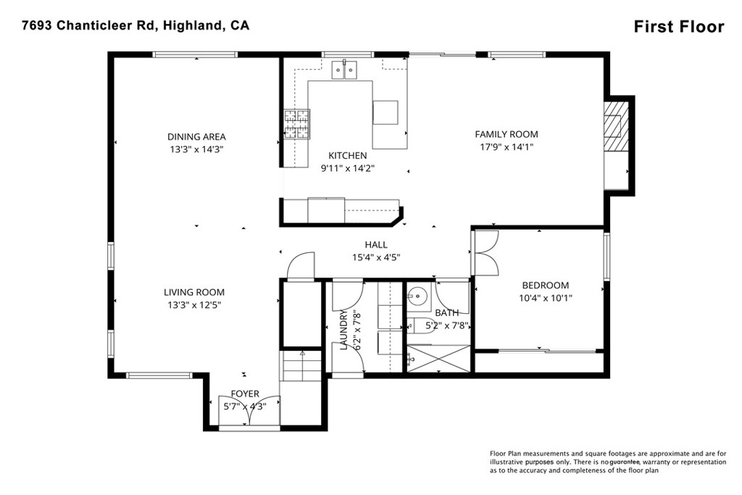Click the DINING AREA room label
point(196,136)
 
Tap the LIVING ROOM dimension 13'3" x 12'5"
point(194,305)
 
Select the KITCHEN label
point(348,156)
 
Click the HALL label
point(376,245)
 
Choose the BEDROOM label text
point(544,286)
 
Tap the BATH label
point(446,313)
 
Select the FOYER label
point(244,394)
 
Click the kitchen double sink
point(346,70)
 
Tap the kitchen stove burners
point(296,124)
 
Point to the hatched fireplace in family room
point(614,126)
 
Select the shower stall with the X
point(438,359)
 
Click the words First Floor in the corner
point(678,27)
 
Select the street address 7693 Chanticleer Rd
point(86,25)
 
